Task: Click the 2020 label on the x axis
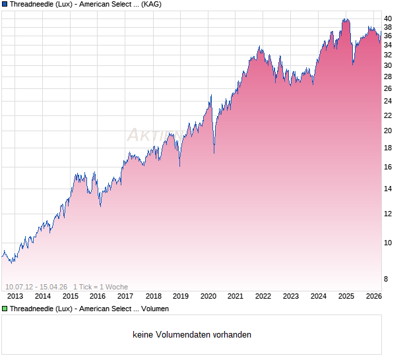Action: [x=208, y=296]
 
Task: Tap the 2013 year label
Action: [x=15, y=296]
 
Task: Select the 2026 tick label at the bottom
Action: [x=373, y=296]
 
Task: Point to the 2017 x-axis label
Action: [x=125, y=296]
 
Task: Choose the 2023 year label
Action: [x=291, y=296]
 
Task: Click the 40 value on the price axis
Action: [x=389, y=18]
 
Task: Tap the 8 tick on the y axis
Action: [x=387, y=280]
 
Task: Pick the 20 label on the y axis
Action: [x=389, y=131]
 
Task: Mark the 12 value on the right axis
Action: [x=389, y=214]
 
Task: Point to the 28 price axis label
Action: [x=389, y=76]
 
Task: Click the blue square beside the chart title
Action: [x=5, y=4]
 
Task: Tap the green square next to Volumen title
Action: [x=5, y=309]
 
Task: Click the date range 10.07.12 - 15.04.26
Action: [x=36, y=286]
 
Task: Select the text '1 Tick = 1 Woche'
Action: [x=100, y=286]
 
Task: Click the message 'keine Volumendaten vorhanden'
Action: [x=192, y=335]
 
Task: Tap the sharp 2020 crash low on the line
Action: [x=214, y=153]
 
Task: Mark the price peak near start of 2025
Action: [x=345, y=19]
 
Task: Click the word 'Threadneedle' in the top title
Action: [x=31, y=4]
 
